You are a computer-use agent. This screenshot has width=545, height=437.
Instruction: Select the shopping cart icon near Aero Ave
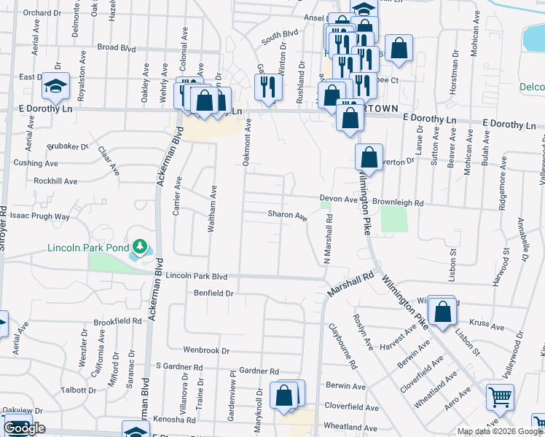pyautogui.click(x=500, y=398)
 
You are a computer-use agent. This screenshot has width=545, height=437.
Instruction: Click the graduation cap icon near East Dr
pyautogui.click(x=55, y=87)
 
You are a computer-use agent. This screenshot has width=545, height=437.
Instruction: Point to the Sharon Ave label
pyautogui.click(x=286, y=215)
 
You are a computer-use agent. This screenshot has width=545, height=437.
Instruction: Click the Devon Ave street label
pyautogui.click(x=339, y=198)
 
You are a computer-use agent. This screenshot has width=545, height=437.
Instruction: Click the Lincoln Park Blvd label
pyautogui.click(x=197, y=277)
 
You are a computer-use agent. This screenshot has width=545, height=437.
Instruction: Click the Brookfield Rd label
pyautogui.click(x=117, y=321)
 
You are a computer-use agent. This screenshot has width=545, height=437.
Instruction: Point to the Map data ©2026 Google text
pyautogui.click(x=500, y=431)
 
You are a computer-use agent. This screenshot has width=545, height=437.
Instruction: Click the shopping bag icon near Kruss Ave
pyautogui.click(x=442, y=311)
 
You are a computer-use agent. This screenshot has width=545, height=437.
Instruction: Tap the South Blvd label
pyautogui.click(x=281, y=34)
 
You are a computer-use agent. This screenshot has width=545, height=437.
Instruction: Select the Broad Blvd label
pyautogui.click(x=117, y=48)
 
